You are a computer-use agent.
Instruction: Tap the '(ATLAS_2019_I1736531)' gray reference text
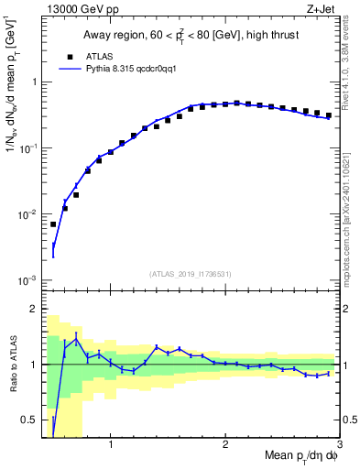pyautogui.click(x=190, y=274)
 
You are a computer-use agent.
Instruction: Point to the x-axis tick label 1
pyautogui.click(x=110, y=446)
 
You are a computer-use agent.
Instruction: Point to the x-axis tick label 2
pyautogui.click(x=224, y=446)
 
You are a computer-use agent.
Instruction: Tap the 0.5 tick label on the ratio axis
pyautogui.click(x=29, y=420)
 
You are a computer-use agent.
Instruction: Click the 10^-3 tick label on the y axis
pyautogui.click(x=27, y=280)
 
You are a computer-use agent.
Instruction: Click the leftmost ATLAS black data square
pyautogui.click(x=53, y=224)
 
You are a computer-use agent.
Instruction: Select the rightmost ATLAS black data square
pyautogui.click(x=329, y=115)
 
